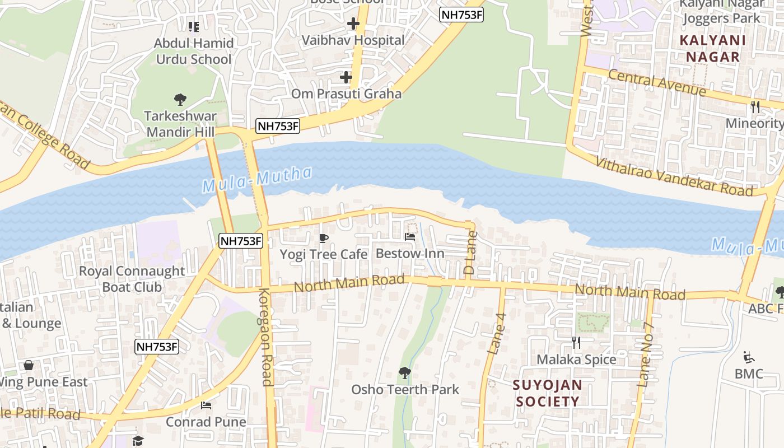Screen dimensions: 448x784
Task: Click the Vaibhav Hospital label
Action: click(x=353, y=40)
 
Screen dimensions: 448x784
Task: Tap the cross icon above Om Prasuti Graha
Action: click(x=346, y=77)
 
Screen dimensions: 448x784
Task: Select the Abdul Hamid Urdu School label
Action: click(x=193, y=51)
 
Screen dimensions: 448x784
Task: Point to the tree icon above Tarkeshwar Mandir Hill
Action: click(x=180, y=100)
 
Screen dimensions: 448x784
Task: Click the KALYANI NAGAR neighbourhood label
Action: click(x=712, y=49)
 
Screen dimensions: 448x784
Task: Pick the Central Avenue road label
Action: click(x=656, y=83)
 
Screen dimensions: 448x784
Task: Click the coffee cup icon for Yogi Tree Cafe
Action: click(x=323, y=238)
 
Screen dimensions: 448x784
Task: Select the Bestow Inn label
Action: click(x=410, y=254)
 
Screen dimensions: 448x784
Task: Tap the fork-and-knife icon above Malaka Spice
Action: click(x=576, y=342)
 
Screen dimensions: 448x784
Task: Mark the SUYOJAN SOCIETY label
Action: click(x=548, y=393)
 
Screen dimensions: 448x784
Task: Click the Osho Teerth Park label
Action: click(x=405, y=389)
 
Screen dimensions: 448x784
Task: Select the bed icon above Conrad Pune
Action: click(x=206, y=405)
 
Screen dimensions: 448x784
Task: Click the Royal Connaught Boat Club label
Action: click(x=132, y=279)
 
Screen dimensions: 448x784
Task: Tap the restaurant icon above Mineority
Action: click(x=755, y=106)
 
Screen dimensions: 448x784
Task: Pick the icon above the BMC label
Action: click(x=748, y=357)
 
